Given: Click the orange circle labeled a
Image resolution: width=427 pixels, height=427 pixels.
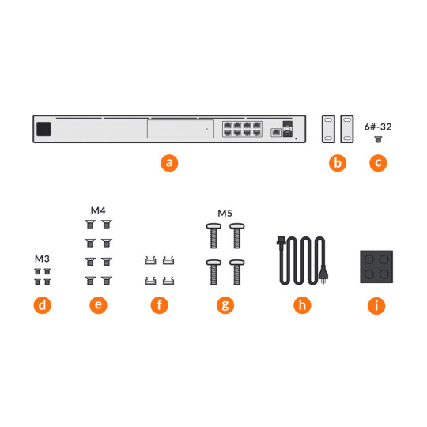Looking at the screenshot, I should pos(168,164).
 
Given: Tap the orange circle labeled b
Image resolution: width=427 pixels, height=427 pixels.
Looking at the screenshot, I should pos(338,164).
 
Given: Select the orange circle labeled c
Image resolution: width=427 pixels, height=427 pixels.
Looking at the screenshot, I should pos(379,164).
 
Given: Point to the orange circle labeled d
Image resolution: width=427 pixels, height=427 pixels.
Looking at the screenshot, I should pos(42,304).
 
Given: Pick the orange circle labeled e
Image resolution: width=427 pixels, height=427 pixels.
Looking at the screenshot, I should pos(98,304).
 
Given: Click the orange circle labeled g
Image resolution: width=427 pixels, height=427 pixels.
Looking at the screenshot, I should pos(225,304).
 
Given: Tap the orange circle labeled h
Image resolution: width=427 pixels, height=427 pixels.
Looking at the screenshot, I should pos(301,304).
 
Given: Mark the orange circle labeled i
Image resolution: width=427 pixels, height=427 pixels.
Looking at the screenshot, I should pos(379,304).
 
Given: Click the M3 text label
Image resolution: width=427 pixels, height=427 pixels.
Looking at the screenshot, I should pos(42,259).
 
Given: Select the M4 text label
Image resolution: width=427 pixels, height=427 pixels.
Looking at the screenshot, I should pos(98,210).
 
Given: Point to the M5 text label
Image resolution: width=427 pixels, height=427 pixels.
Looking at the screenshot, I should pos(225,213).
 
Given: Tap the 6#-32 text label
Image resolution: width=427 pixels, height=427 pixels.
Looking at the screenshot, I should pos(379,126).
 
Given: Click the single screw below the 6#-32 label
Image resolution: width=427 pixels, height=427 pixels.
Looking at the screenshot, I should pos(379,138).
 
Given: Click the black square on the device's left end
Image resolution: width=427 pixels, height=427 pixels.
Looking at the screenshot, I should pos(45,129).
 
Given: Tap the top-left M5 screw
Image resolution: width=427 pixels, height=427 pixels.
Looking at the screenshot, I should pos(213,235).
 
